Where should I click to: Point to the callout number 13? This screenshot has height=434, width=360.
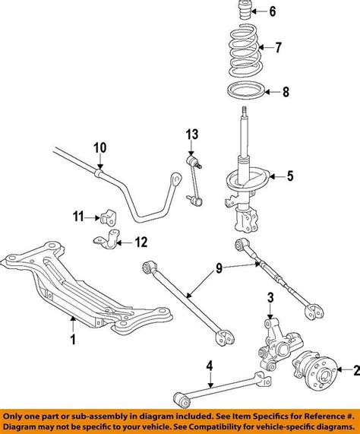pos(191,135)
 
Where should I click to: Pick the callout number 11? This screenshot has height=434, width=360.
pos(78,217)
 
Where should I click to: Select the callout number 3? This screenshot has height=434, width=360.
pos(270,296)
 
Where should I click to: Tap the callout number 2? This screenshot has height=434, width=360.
pos(352,370)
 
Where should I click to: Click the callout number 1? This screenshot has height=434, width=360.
pos(73,340)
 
